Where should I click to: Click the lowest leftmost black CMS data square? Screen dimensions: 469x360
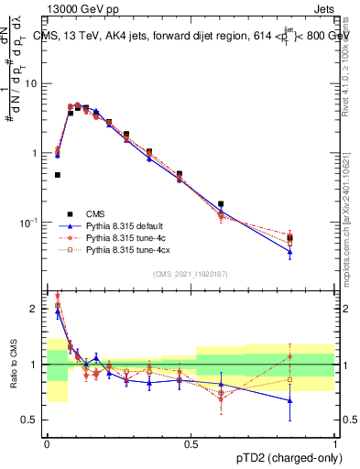[58, 174]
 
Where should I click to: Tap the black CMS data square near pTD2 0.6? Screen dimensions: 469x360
[221, 204]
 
